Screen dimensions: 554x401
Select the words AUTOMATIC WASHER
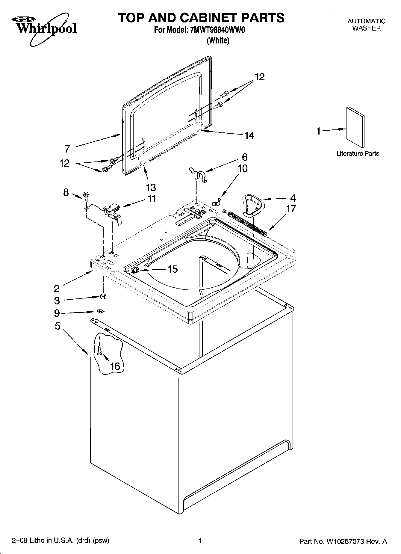click(366, 25)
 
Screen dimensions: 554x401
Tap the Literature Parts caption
click(358, 154)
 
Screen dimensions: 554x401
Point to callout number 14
click(249, 136)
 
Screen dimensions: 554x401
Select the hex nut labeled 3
click(103, 297)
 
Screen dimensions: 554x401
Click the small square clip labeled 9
click(100, 311)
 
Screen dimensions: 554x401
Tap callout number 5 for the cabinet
click(57, 326)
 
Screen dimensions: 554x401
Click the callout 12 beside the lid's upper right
click(259, 77)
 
